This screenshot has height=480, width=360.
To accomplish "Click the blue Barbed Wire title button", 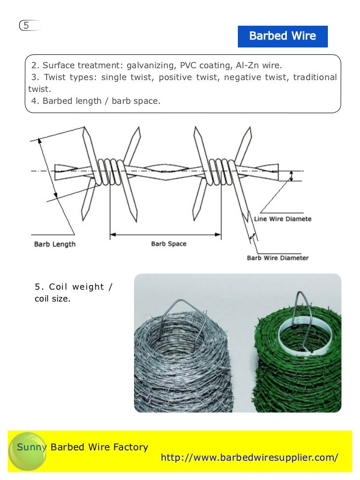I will [x=282, y=36].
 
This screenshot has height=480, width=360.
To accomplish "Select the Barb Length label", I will [x=54, y=244].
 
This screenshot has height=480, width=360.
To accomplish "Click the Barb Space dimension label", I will [x=169, y=244].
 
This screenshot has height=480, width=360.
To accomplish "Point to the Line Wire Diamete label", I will [x=282, y=218].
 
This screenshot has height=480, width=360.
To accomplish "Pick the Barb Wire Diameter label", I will [x=277, y=258].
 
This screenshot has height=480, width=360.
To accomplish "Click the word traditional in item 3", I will [x=315, y=77].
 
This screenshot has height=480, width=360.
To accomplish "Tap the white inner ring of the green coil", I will [x=297, y=336].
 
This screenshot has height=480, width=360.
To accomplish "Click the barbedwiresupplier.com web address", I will [x=249, y=458].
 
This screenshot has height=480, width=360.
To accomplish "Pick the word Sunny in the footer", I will [x=32, y=447].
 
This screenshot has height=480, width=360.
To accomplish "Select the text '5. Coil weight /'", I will [x=73, y=287].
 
